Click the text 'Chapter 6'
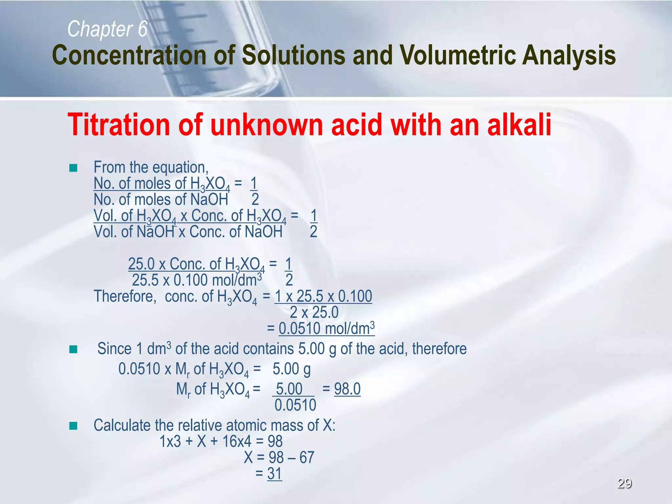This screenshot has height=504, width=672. (x=107, y=29)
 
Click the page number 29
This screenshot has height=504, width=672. (x=624, y=483)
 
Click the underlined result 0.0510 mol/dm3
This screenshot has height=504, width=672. (x=326, y=328)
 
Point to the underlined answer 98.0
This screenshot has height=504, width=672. (x=347, y=389)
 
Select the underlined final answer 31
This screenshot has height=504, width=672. (x=275, y=473)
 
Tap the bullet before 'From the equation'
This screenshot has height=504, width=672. (x=73, y=168)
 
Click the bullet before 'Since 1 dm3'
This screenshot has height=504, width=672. (x=73, y=349)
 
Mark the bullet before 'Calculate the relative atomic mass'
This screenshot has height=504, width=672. (x=73, y=426)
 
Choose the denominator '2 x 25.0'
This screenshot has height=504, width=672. (x=314, y=312)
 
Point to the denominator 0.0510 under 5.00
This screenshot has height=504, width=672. (x=295, y=405)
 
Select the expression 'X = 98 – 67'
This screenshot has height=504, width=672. (x=279, y=457)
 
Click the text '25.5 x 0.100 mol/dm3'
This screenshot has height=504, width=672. (x=197, y=280)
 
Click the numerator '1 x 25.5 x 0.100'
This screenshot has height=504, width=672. (x=323, y=296)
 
